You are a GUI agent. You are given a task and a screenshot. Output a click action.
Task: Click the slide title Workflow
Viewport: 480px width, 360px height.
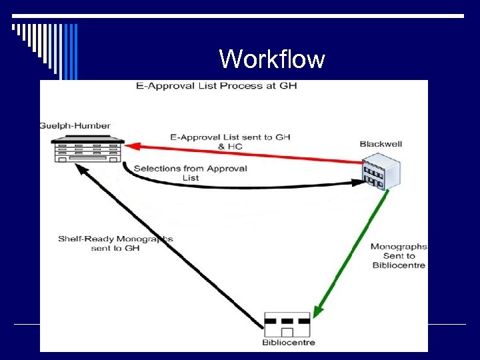point(272,59)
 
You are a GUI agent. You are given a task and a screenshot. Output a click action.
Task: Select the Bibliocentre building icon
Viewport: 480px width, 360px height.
point(287,325)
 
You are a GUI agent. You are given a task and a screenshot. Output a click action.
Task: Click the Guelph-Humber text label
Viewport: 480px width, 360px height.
point(75,125)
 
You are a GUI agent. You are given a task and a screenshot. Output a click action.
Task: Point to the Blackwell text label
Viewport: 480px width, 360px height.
point(381,144)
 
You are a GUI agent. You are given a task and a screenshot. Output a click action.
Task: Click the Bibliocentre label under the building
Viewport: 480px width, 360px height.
point(288,343)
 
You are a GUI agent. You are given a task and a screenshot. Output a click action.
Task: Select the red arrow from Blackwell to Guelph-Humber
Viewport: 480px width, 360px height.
point(247,153)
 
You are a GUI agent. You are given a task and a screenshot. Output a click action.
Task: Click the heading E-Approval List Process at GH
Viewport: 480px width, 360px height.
point(216,86)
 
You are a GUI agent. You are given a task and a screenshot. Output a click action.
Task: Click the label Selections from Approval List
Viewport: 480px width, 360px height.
point(191,173)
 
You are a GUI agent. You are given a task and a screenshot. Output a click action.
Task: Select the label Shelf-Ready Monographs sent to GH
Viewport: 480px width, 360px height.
point(115,243)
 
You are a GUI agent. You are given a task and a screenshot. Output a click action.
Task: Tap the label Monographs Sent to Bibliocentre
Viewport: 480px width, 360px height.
point(399,256)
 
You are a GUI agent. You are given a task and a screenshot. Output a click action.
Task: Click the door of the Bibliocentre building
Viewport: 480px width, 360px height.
point(287,332)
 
